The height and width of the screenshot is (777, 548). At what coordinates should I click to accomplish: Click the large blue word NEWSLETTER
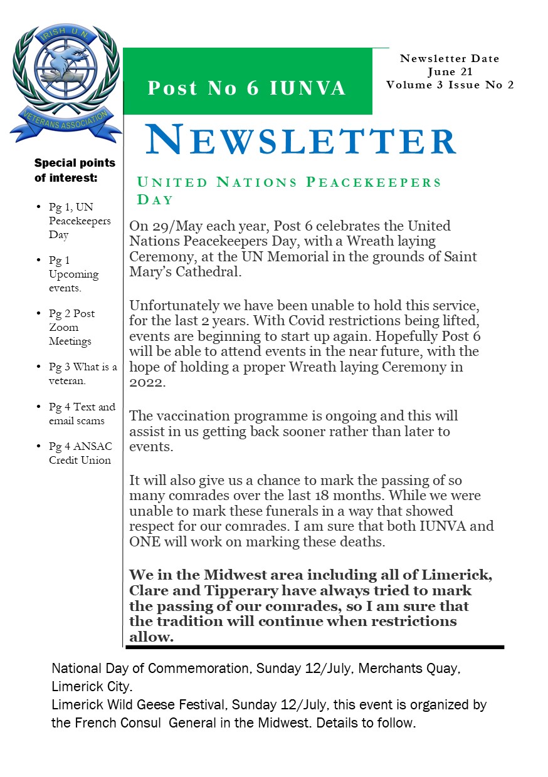pyautogui.click(x=300, y=140)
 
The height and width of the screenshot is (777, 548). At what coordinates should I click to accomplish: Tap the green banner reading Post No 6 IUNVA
pyautogui.click(x=247, y=88)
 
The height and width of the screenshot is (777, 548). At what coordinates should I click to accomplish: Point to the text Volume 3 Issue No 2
pyautogui.click(x=450, y=85)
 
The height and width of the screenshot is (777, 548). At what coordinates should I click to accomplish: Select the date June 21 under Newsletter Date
pyautogui.click(x=450, y=72)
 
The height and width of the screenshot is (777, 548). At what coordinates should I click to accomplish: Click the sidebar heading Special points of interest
pyautogui.click(x=75, y=170)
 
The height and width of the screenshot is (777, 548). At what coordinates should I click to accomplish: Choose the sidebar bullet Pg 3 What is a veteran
pyautogui.click(x=82, y=373)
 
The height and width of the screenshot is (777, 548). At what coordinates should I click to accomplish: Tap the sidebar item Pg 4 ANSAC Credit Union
pyautogui.click(x=80, y=453)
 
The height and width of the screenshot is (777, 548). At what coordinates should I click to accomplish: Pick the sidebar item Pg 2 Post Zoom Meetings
pyautogui.click(x=71, y=327)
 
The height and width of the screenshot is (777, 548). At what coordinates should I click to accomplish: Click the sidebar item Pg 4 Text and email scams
pyautogui.click(x=82, y=414)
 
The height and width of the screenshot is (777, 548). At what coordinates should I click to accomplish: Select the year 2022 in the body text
pyautogui.click(x=147, y=383)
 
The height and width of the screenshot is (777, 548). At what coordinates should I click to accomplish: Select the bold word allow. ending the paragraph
pyautogui.click(x=150, y=638)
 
